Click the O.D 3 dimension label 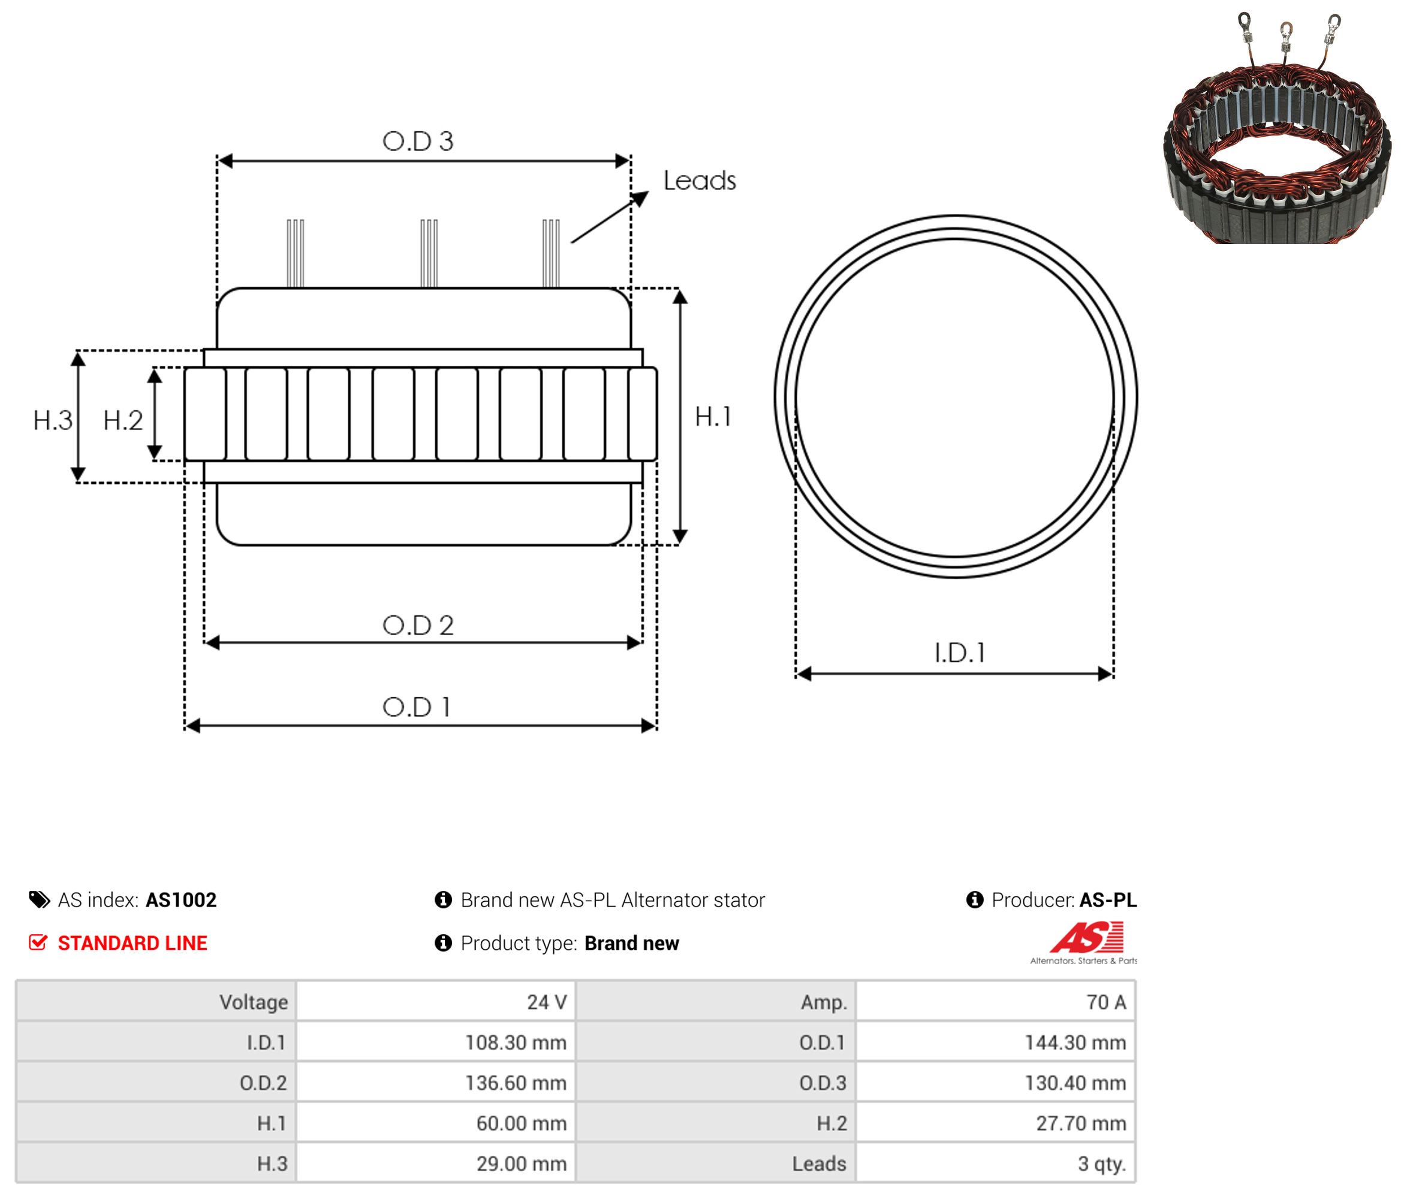pos(417,141)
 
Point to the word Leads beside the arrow pos(699,180)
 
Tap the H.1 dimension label pos(713,416)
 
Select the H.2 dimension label pos(123,420)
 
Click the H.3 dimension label pos(53,420)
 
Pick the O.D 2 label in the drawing pos(418,625)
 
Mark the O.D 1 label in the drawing pos(417,707)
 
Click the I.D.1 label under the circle pos(960,652)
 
